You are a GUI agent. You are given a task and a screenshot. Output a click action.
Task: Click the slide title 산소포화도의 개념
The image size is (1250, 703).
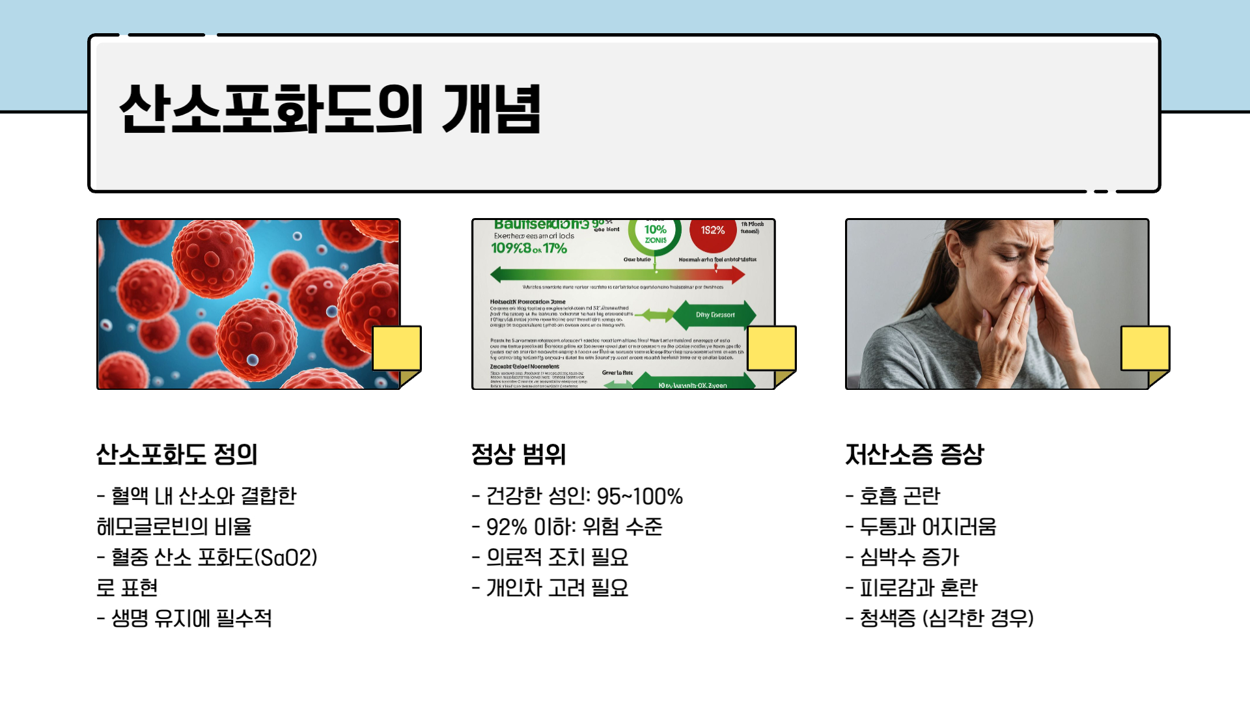pos(330,109)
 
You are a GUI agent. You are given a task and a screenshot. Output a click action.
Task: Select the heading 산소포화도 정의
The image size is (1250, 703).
pos(177,454)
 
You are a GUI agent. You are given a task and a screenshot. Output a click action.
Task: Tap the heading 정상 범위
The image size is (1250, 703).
pos(519,454)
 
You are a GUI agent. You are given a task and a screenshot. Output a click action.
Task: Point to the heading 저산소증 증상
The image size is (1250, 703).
pos(915,454)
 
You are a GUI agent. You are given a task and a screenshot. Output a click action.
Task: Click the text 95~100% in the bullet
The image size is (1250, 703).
pos(639,497)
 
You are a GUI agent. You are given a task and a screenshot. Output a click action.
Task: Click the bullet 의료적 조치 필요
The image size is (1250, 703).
pos(557,558)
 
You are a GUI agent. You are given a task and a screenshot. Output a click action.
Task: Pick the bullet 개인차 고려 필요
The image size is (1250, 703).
pos(557,588)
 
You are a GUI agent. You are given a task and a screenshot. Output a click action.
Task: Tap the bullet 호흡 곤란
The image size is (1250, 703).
pos(899,497)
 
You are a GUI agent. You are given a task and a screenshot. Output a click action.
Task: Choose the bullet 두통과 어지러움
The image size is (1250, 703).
pos(928,527)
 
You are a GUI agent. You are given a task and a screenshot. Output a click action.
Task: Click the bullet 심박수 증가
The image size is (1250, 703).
pos(909,558)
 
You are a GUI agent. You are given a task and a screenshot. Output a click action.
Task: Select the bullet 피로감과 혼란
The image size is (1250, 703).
pos(918,588)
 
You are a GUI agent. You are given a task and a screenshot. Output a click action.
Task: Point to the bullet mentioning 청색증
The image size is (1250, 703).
pos(946,618)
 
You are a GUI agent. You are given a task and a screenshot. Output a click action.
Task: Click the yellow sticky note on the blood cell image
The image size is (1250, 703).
pos(396,350)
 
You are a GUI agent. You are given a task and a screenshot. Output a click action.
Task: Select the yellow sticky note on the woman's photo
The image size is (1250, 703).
pos(1145,350)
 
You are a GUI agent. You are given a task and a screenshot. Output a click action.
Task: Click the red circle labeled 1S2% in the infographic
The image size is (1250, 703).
pos(713,230)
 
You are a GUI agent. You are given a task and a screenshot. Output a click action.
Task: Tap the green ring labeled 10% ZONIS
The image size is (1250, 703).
pos(655,233)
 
